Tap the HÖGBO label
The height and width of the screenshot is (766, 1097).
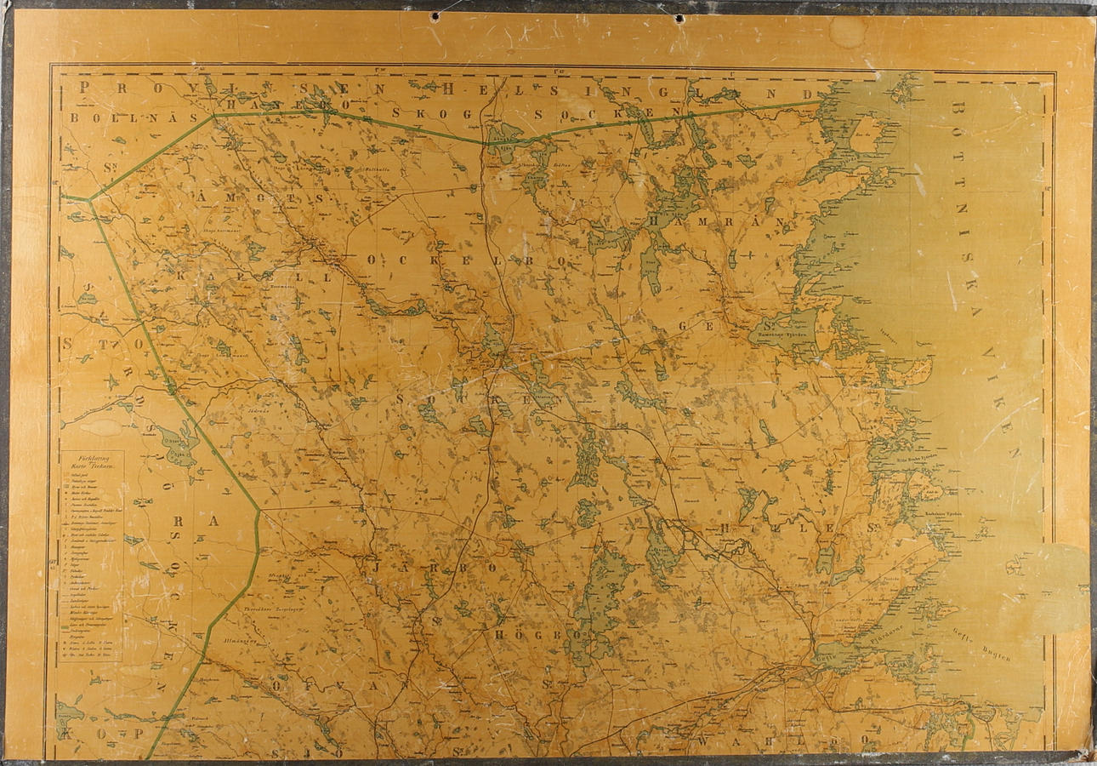tap(536, 634)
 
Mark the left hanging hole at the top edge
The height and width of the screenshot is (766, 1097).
tap(435, 16)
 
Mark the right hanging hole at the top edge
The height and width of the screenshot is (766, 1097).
tap(679, 18)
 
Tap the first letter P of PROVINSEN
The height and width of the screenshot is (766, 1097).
tap(84, 87)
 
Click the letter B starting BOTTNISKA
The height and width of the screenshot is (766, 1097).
tap(958, 111)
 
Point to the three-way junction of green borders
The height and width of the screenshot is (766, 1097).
tap(90, 200)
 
